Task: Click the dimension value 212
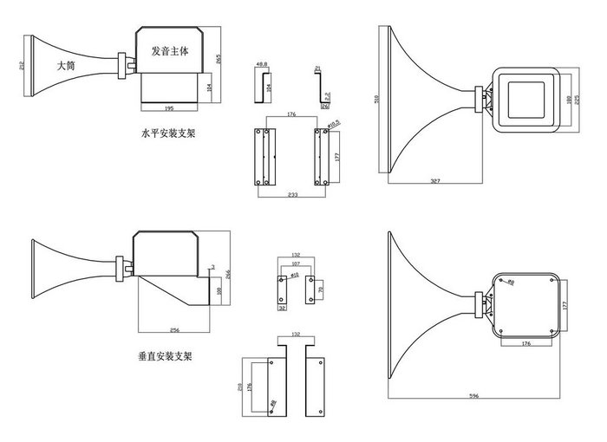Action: [18, 65]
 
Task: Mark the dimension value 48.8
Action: [260, 64]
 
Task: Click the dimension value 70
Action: [320, 289]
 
